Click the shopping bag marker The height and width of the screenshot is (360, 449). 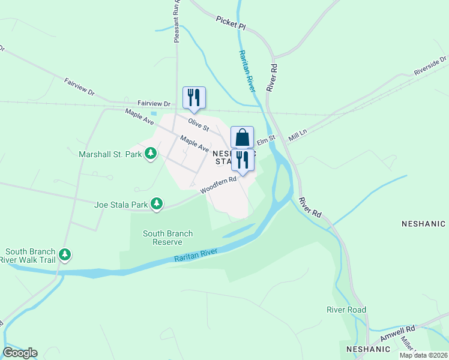[242, 137]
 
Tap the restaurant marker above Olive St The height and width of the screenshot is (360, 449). [194, 98]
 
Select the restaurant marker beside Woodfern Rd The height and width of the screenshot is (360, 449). [242, 160]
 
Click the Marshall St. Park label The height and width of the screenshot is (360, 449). [110, 154]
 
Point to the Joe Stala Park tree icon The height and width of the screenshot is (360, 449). [157, 205]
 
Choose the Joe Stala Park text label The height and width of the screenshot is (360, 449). [121, 205]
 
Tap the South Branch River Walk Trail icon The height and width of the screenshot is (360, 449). [65, 255]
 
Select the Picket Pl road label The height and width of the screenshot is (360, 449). [231, 23]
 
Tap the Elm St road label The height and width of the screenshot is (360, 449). [266, 140]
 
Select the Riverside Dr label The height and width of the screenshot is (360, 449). [430, 67]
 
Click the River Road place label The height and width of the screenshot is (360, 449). [346, 310]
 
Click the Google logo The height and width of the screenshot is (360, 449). [20, 352]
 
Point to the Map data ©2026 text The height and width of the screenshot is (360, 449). [423, 355]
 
